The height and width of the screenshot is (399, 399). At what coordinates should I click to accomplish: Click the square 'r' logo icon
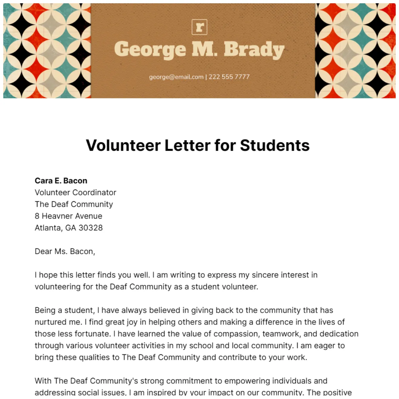point(199,27)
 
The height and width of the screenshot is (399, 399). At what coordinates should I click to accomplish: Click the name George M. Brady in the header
point(199,50)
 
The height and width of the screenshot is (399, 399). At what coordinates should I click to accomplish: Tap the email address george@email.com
point(176,77)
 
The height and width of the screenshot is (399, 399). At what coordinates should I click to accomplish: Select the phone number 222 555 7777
point(229,77)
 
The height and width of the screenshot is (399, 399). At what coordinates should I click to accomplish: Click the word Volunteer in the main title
point(123,146)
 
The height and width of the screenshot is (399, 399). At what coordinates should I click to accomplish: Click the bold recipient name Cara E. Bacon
point(61,181)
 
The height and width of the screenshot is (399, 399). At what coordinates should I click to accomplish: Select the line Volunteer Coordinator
point(76,193)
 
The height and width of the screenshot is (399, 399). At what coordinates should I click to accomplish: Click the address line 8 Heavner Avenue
point(68,216)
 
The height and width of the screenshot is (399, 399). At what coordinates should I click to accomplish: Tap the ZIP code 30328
point(91,228)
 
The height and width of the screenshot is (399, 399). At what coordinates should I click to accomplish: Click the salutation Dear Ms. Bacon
point(65,252)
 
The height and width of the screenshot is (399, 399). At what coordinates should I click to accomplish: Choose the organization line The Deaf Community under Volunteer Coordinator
point(74,204)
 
